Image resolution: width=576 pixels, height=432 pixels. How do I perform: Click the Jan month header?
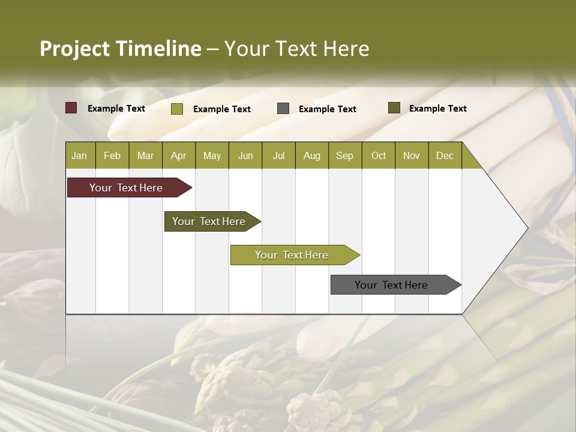(79, 155)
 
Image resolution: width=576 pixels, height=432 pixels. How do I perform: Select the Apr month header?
(178, 155)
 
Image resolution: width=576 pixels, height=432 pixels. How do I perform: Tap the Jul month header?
(278, 155)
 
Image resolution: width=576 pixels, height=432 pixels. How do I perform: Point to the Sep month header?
(344, 155)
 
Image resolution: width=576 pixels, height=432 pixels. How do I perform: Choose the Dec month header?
(445, 155)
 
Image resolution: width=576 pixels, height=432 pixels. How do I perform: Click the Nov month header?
(411, 155)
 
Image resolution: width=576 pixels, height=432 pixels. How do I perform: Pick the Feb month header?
(112, 155)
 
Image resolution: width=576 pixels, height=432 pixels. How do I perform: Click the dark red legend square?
(71, 108)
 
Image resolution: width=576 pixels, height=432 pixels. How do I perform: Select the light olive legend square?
(176, 109)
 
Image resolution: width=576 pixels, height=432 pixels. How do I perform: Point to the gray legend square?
(283, 109)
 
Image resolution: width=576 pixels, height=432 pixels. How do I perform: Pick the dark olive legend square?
(394, 108)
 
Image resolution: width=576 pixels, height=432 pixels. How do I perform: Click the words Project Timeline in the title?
(120, 49)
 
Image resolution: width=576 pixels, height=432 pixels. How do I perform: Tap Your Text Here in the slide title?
(297, 49)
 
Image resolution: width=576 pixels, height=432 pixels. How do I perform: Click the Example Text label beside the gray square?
(327, 109)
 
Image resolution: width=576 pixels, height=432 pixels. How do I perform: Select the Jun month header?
(245, 155)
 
